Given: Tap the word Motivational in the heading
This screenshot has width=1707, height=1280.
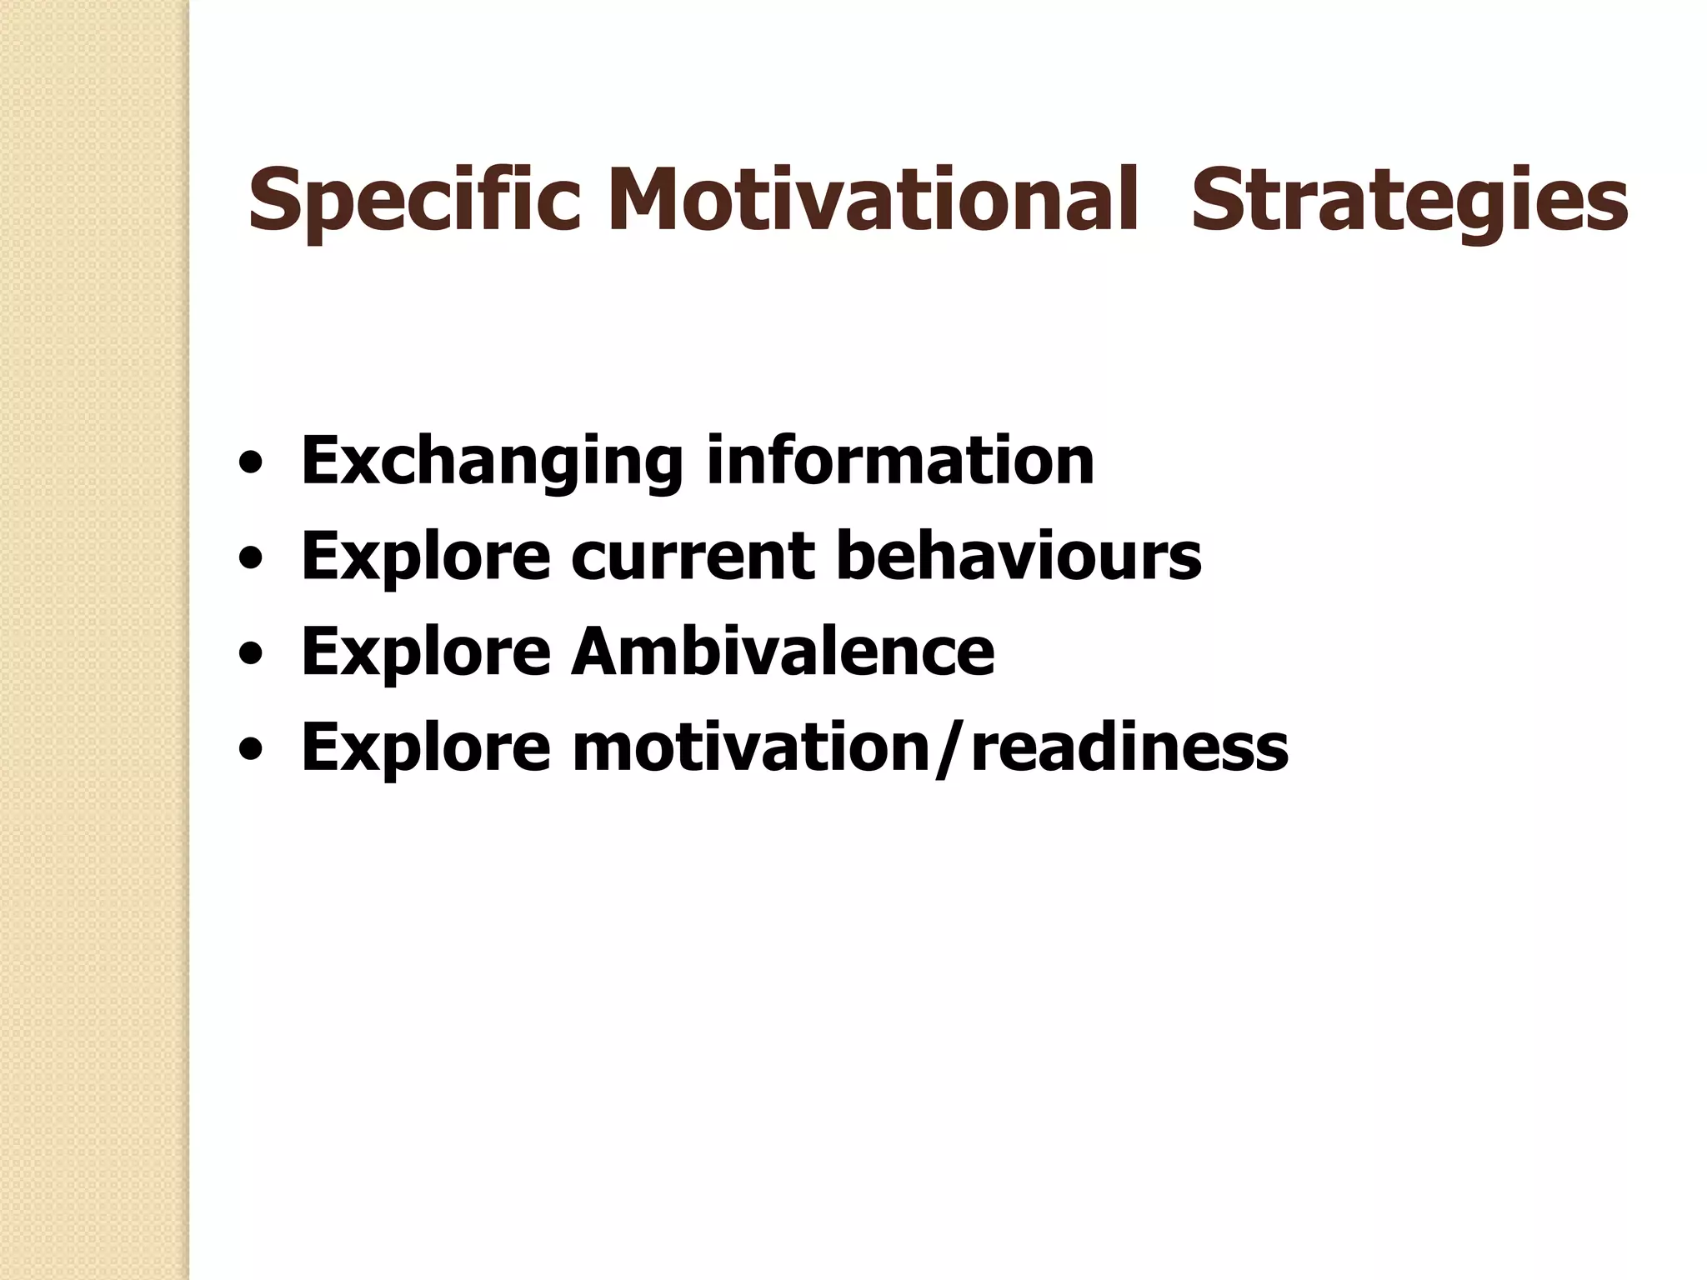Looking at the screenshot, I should pyautogui.click(x=872, y=200).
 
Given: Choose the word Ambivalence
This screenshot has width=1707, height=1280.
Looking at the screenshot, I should pyautogui.click(x=783, y=651).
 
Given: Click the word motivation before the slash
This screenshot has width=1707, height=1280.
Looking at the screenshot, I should pyautogui.click(x=752, y=747).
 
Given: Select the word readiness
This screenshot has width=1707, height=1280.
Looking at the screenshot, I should pyautogui.click(x=1129, y=747).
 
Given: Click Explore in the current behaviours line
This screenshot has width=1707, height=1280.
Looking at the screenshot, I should pyautogui.click(x=426, y=557).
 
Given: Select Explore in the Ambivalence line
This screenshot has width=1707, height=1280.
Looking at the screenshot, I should pyautogui.click(x=426, y=652).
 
